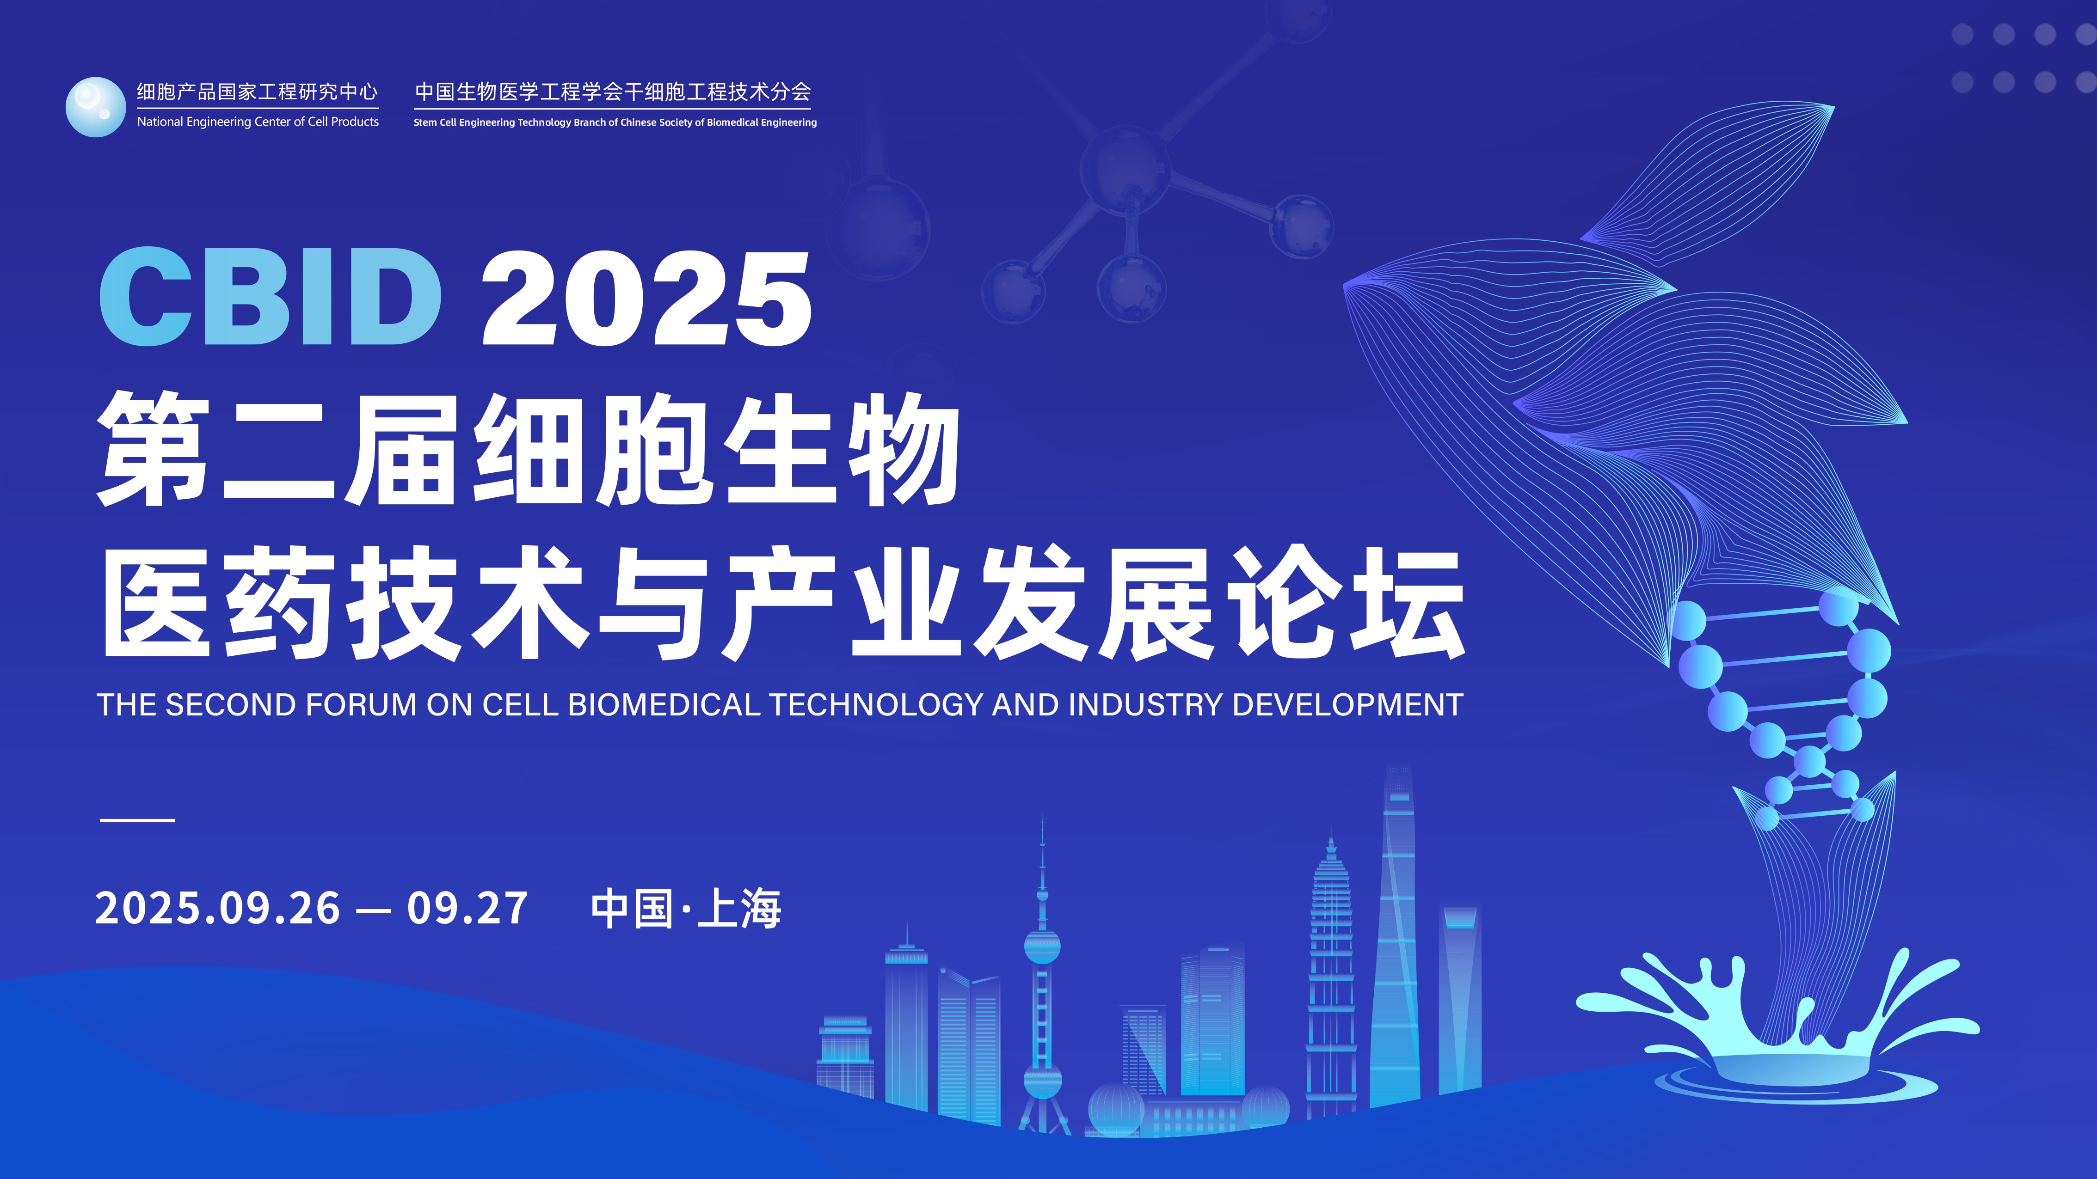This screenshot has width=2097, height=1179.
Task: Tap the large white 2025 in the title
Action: (x=647, y=298)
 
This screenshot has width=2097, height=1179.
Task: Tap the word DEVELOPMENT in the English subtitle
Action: (x=1347, y=705)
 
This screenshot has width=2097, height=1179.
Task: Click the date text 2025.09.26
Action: (x=217, y=908)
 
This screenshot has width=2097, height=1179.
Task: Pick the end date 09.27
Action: (x=467, y=908)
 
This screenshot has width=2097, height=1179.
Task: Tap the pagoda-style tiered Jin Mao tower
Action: (x=1331, y=977)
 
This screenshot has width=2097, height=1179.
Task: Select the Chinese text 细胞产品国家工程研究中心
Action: (x=257, y=92)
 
